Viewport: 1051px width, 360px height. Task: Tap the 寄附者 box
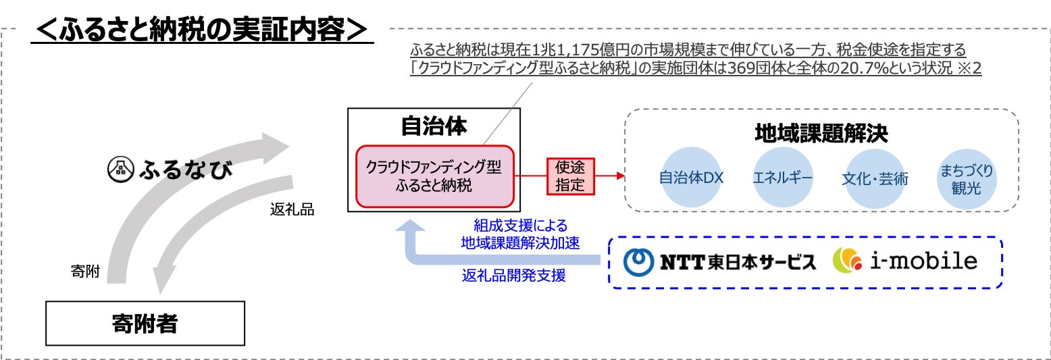tap(145, 324)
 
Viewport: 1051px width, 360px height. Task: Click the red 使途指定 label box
tap(569, 176)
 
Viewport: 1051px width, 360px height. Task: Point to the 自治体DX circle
tap(691, 178)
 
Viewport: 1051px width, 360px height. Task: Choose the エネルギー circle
tap(783, 178)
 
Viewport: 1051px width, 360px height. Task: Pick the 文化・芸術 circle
tap(875, 178)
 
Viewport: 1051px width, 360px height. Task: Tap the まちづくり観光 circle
tap(966, 178)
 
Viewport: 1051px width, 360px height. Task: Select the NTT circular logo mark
tap(638, 262)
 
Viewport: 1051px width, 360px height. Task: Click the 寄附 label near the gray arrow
tap(85, 272)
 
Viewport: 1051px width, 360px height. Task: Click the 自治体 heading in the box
tap(434, 126)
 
